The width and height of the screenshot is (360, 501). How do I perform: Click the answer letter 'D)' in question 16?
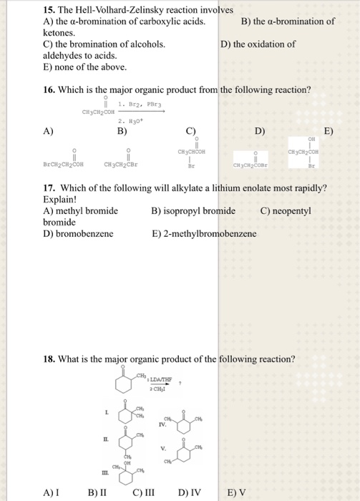[x=259, y=132]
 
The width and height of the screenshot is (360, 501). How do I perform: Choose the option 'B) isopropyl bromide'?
[x=193, y=211]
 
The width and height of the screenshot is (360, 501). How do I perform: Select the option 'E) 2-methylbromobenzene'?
[x=204, y=234]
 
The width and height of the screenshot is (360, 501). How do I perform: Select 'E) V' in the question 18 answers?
[x=235, y=492]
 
